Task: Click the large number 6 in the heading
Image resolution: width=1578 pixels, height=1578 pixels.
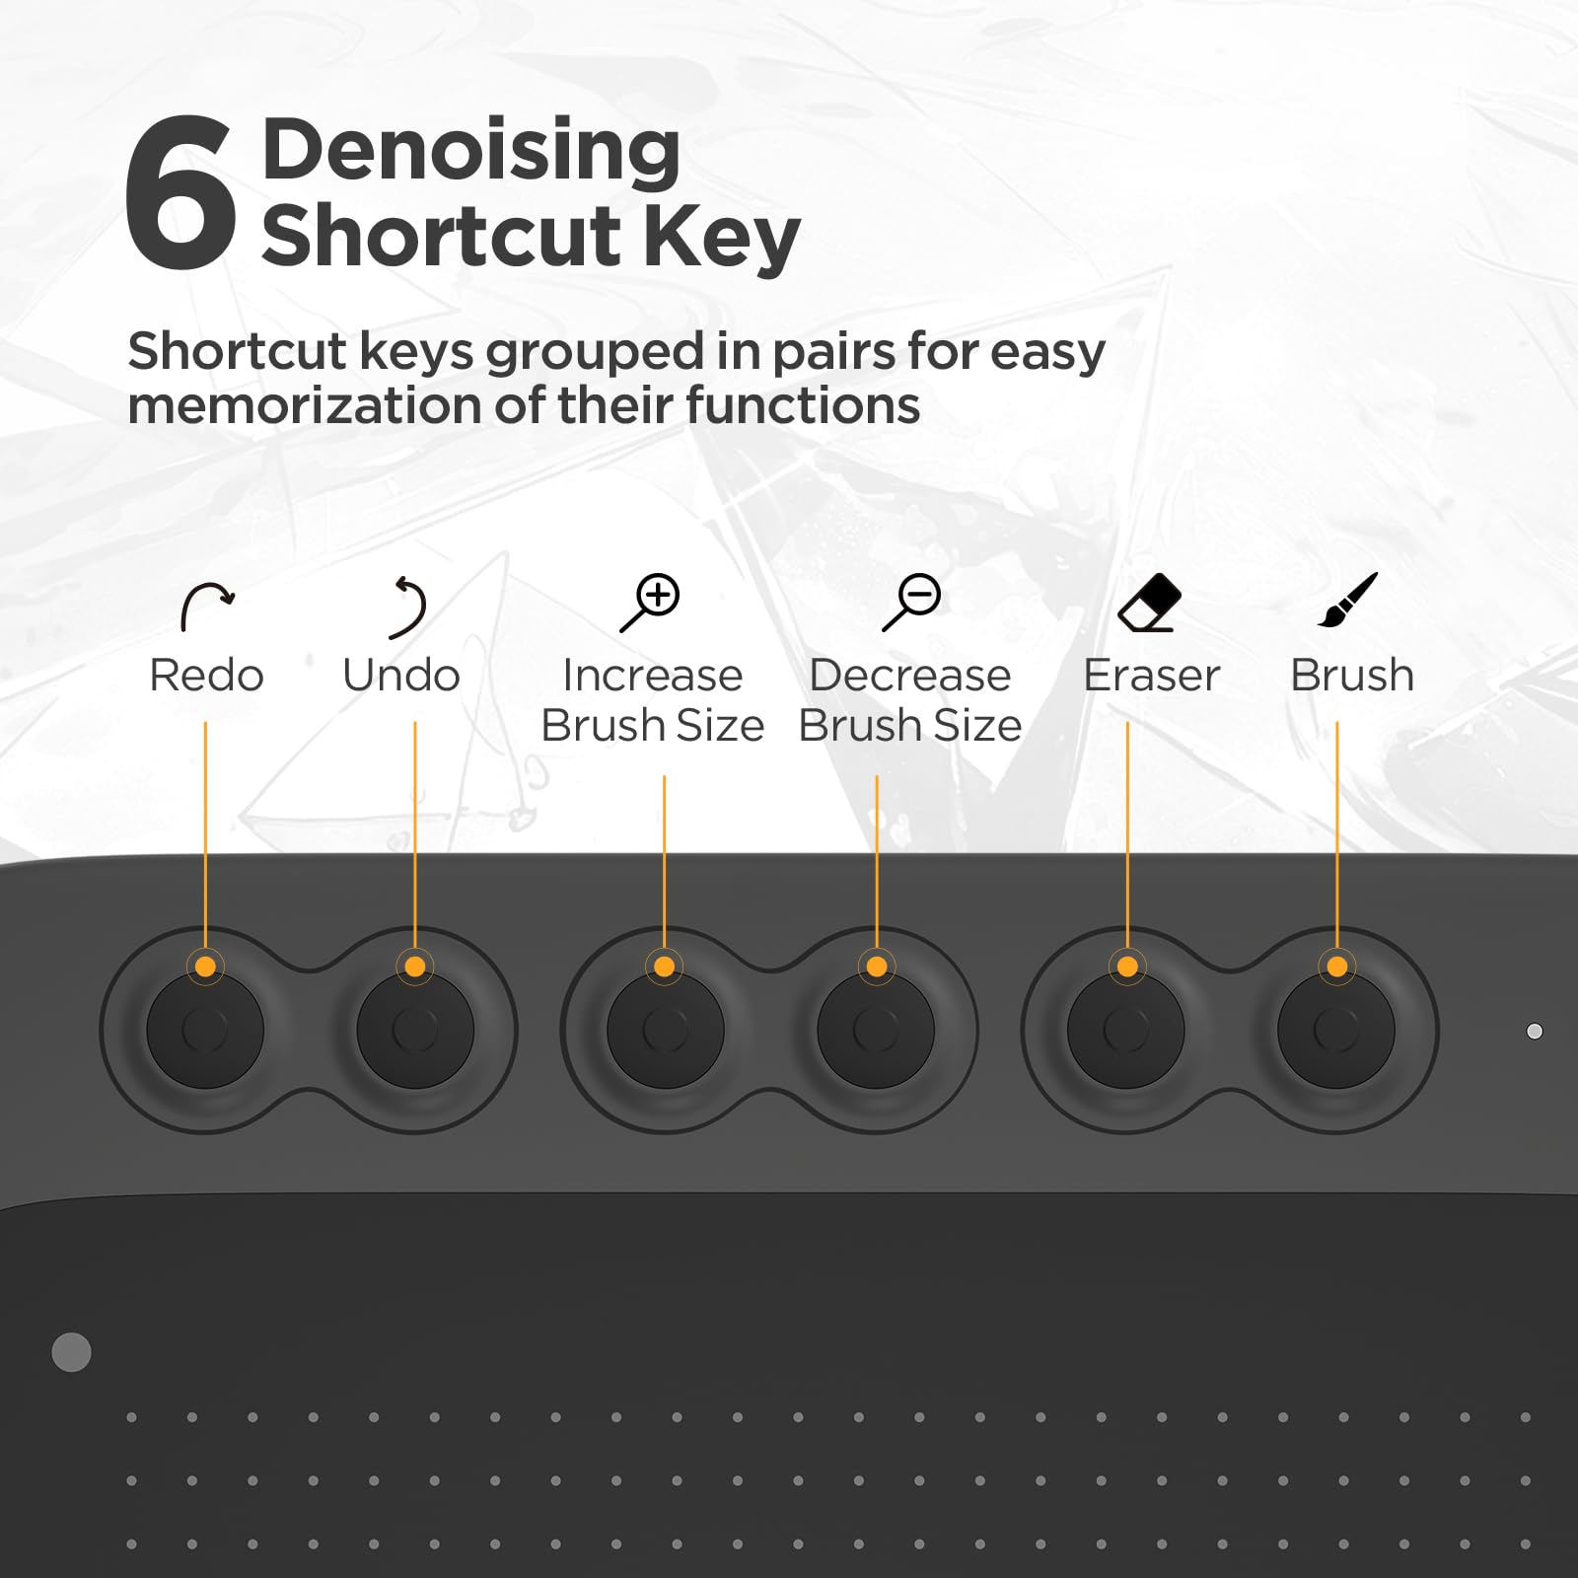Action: point(180,191)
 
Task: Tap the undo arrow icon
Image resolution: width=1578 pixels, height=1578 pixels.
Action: point(406,607)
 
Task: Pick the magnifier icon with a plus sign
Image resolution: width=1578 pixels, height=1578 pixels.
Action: point(650,602)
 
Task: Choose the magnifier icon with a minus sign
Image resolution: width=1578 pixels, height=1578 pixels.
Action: point(911,602)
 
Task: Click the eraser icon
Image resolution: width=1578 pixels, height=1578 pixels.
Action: point(1150,603)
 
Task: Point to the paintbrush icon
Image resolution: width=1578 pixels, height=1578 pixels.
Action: point(1347,601)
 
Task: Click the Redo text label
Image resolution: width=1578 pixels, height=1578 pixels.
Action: point(206,676)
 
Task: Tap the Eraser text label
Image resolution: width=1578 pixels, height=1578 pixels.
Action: point(1151,676)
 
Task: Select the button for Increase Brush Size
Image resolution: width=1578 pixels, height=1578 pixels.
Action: point(665,1030)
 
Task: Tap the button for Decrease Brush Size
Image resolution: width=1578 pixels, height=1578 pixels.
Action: point(876,1030)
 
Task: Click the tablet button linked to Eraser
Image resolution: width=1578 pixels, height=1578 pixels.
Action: point(1125,1030)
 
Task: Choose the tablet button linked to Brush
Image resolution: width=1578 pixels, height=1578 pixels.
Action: point(1336,1030)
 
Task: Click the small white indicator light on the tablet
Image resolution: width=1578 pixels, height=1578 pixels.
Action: point(1535,1032)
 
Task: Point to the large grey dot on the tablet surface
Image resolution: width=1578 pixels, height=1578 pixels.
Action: point(71,1352)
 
